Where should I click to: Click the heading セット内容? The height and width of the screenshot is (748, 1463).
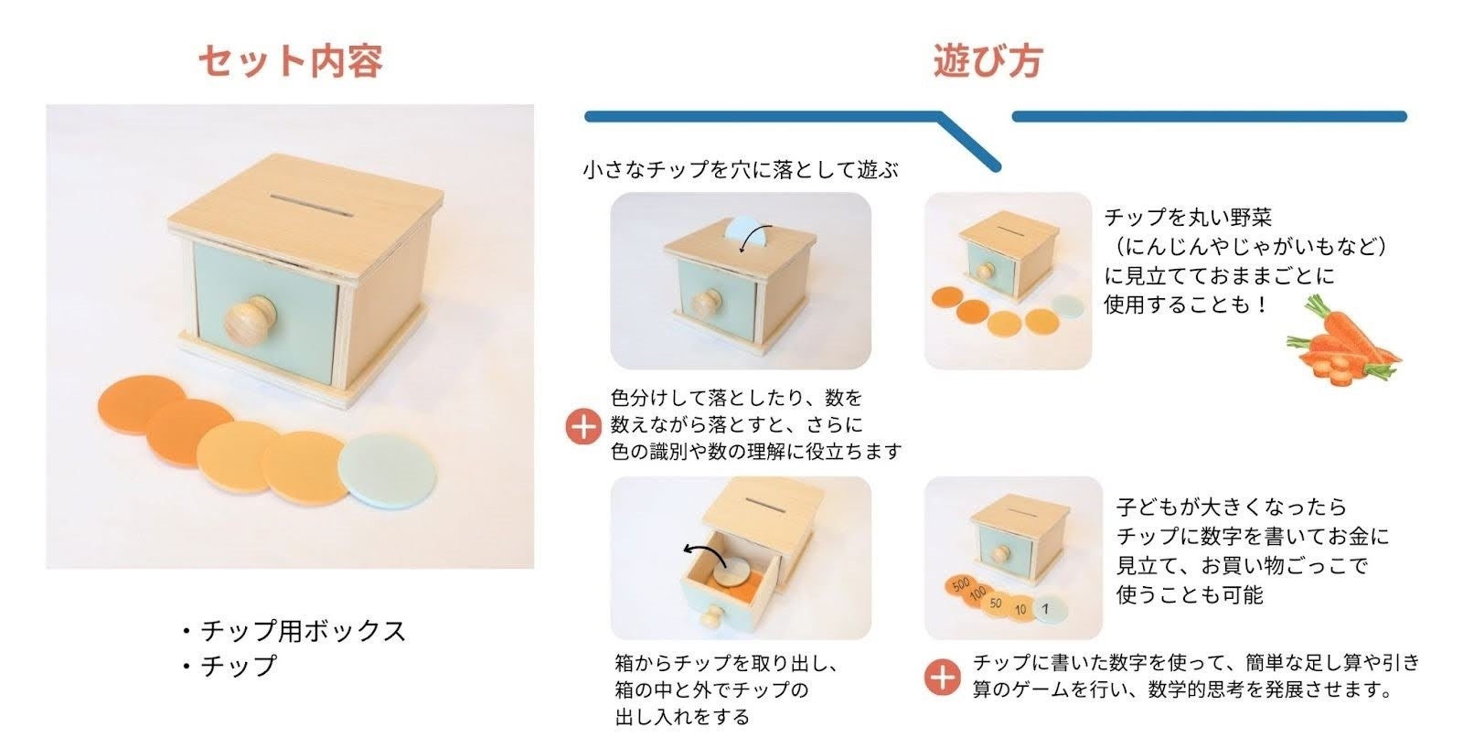click(291, 61)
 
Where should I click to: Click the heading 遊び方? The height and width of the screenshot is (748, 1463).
click(988, 61)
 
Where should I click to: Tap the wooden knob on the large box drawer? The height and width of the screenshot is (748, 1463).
click(251, 319)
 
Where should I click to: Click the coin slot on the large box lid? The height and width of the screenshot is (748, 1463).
click(312, 205)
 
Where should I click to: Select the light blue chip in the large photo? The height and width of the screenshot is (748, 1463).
click(387, 470)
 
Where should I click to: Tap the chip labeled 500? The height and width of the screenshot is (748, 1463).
click(961, 584)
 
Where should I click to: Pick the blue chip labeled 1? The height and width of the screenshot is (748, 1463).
click(1047, 609)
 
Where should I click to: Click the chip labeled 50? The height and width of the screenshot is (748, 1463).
click(996, 602)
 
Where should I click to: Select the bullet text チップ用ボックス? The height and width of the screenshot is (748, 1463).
click(303, 631)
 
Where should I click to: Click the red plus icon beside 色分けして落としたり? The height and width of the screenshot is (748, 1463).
click(583, 427)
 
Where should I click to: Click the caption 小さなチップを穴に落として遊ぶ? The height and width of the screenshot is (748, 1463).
click(741, 170)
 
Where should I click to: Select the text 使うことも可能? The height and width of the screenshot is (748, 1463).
click(1190, 594)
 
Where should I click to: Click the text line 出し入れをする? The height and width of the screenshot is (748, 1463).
click(682, 717)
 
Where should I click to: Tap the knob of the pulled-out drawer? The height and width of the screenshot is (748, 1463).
click(713, 615)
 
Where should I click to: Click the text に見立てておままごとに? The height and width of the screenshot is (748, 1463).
click(1219, 275)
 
